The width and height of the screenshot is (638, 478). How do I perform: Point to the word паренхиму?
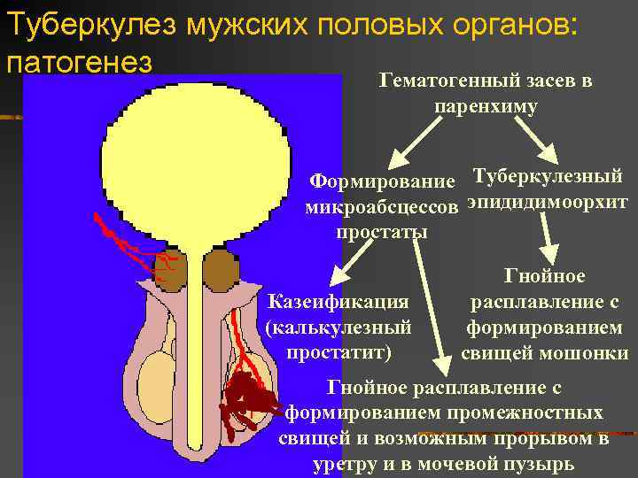[x=486, y=104]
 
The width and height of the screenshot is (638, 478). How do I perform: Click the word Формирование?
[x=384, y=181]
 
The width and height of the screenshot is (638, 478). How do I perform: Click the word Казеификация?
[x=338, y=303]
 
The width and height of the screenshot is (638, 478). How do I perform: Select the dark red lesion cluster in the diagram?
[x=240, y=398]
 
